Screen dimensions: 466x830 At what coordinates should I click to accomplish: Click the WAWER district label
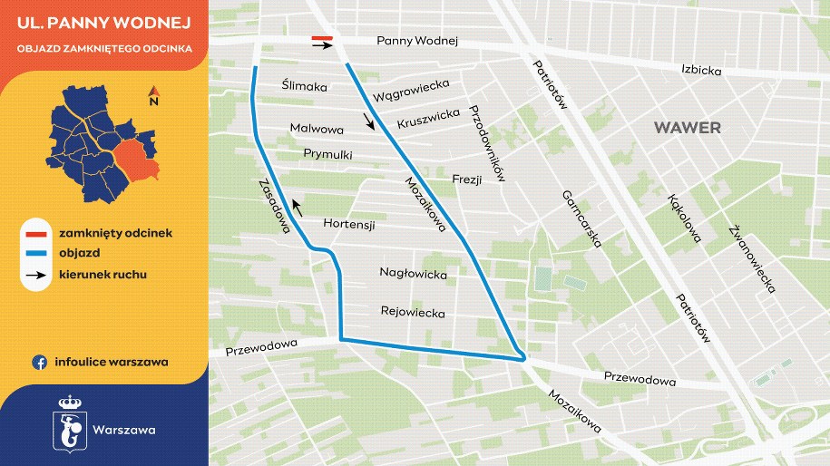tap(688, 128)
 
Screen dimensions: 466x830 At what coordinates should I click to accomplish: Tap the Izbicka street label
tap(701, 69)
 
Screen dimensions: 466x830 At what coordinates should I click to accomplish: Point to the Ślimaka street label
tap(304, 86)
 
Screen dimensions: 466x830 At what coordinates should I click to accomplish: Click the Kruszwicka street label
tap(428, 119)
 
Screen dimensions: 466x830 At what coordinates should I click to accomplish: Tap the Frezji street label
tap(465, 178)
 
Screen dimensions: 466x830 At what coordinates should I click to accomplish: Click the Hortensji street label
tap(349, 224)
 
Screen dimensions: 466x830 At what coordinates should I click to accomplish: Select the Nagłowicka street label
tap(413, 273)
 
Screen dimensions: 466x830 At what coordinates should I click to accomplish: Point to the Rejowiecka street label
tap(413, 313)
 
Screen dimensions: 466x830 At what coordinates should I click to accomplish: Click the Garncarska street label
tap(582, 218)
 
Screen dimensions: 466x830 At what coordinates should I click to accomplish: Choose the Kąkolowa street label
tap(683, 218)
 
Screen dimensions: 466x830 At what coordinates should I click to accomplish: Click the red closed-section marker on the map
tap(322, 38)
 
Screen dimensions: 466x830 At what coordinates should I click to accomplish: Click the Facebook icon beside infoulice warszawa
tap(39, 362)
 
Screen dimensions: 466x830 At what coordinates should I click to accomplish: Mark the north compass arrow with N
tap(154, 95)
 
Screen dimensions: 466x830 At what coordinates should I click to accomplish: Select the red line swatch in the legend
tap(38, 233)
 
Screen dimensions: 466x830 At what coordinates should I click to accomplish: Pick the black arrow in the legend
tap(38, 274)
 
